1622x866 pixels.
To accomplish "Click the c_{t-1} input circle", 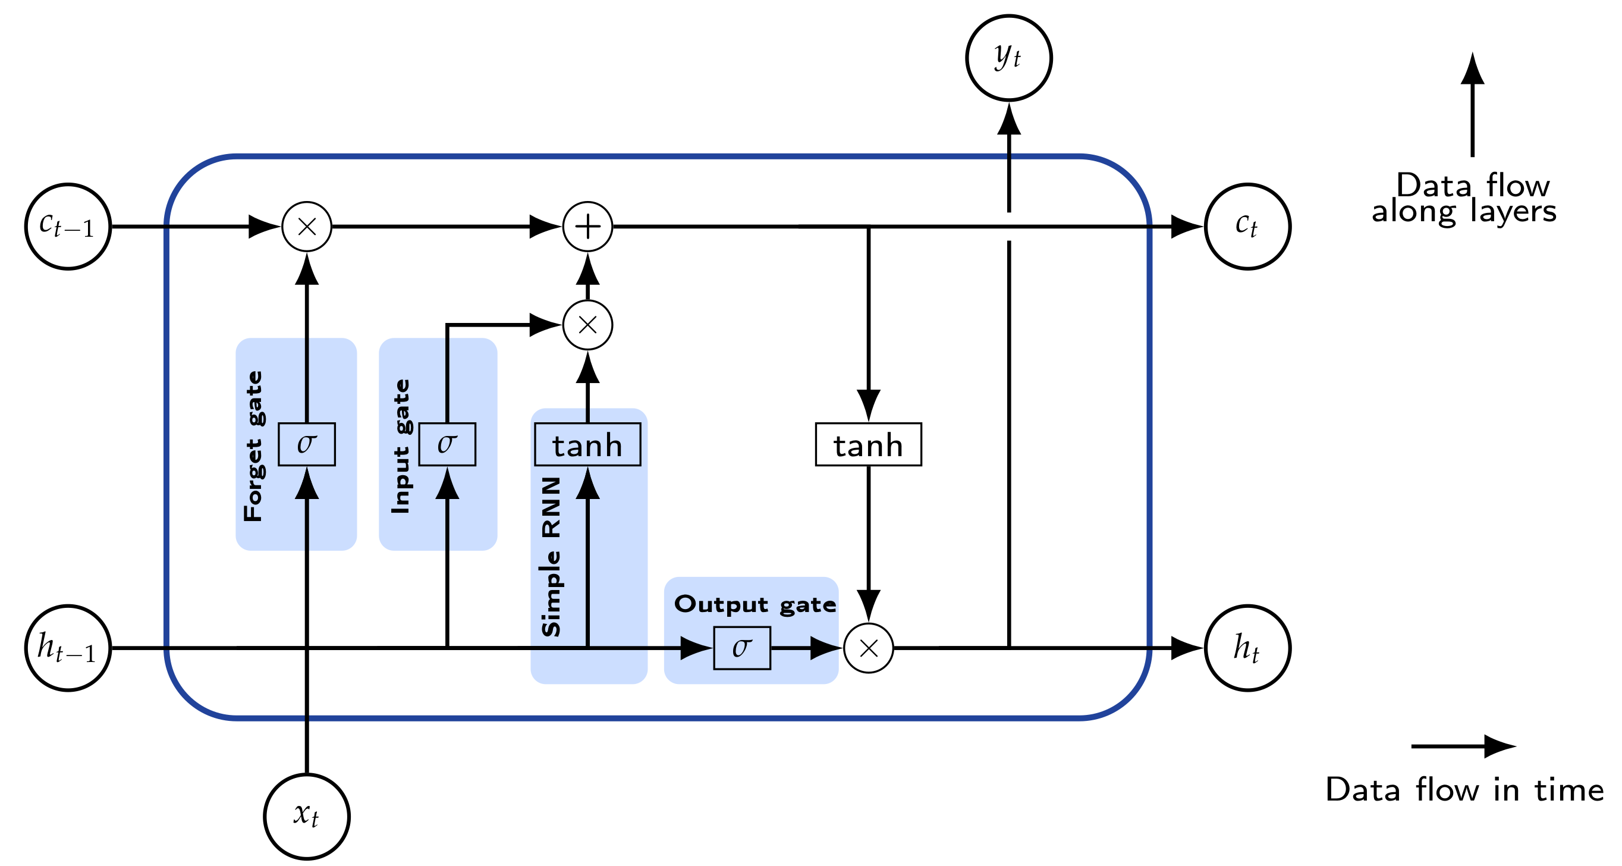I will pyautogui.click(x=68, y=227).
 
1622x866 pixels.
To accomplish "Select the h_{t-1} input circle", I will pyautogui.click(x=68, y=648).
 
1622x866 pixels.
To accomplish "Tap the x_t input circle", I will pyautogui.click(x=307, y=816).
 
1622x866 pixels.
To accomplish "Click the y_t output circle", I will pyautogui.click(x=1009, y=58).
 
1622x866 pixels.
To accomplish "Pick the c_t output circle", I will pyautogui.click(x=1247, y=227).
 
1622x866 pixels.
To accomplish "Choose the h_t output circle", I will pyautogui.click(x=1247, y=648).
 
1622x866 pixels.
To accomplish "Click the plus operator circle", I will pyautogui.click(x=587, y=227).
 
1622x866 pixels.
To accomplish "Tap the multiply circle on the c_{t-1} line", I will pyautogui.click(x=307, y=227).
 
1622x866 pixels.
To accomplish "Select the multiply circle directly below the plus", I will pyautogui.click(x=587, y=325).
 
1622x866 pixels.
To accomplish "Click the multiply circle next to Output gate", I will pyautogui.click(x=868, y=648).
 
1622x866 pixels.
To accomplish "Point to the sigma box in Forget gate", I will pyautogui.click(x=307, y=445).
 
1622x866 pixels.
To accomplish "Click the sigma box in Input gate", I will pyautogui.click(x=447, y=445).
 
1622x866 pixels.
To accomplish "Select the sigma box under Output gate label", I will pyautogui.click(x=742, y=648).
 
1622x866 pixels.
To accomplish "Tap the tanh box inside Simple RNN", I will pyautogui.click(x=587, y=445).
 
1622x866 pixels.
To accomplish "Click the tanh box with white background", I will pyautogui.click(x=868, y=445).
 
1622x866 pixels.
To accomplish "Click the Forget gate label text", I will pyautogui.click(x=253, y=446).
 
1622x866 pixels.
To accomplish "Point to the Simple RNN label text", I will pyautogui.click(x=551, y=557).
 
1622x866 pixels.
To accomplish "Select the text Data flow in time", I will pyautogui.click(x=1464, y=790).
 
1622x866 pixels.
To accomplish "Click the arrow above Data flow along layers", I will pyautogui.click(x=1472, y=104).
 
